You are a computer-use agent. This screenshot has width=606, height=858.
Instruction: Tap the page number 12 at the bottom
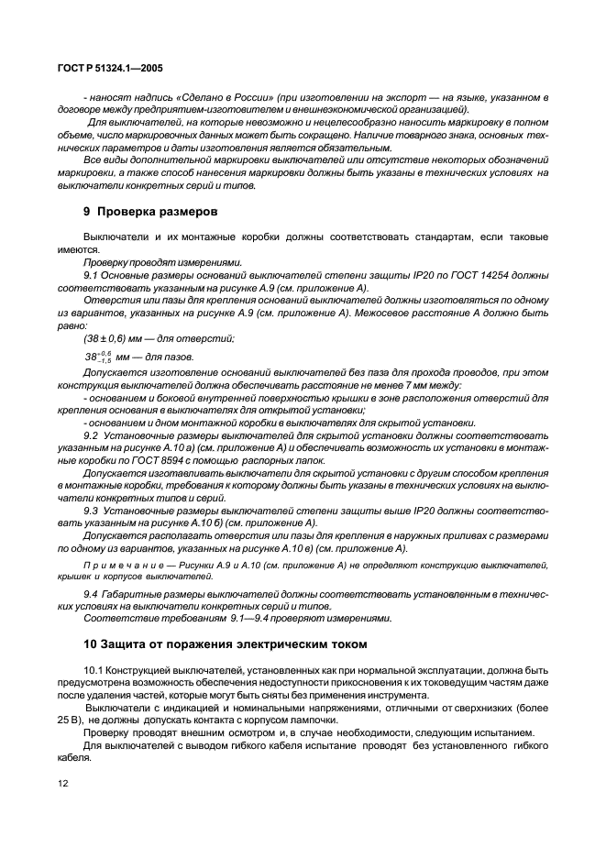click(x=64, y=785)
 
